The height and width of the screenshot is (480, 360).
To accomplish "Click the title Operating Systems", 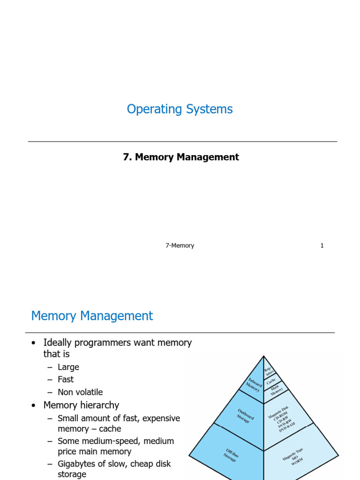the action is pos(180,109).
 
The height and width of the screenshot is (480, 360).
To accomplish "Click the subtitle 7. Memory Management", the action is pos(181,157).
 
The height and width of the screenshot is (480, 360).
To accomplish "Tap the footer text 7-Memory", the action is pos(180,246).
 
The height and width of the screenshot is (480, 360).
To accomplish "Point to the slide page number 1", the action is pos(322,246).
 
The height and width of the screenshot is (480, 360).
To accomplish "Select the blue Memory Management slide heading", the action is pos(92,316).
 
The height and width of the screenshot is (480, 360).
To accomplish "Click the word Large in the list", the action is pos(68,367).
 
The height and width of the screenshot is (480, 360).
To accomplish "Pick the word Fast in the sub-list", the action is pos(66,379).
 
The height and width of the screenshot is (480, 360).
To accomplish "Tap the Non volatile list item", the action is pos(80,392).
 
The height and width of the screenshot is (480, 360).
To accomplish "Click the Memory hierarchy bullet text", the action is pos(81,405).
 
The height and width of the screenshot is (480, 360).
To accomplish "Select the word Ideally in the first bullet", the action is pos(58,343).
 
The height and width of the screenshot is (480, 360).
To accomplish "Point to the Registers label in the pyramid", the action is pos(269,372).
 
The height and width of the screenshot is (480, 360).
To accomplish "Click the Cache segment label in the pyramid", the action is pos(272,382).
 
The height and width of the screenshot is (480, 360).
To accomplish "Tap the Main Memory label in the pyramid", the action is pos(277,391).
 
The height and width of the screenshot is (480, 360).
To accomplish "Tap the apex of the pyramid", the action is pos(263,356).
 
